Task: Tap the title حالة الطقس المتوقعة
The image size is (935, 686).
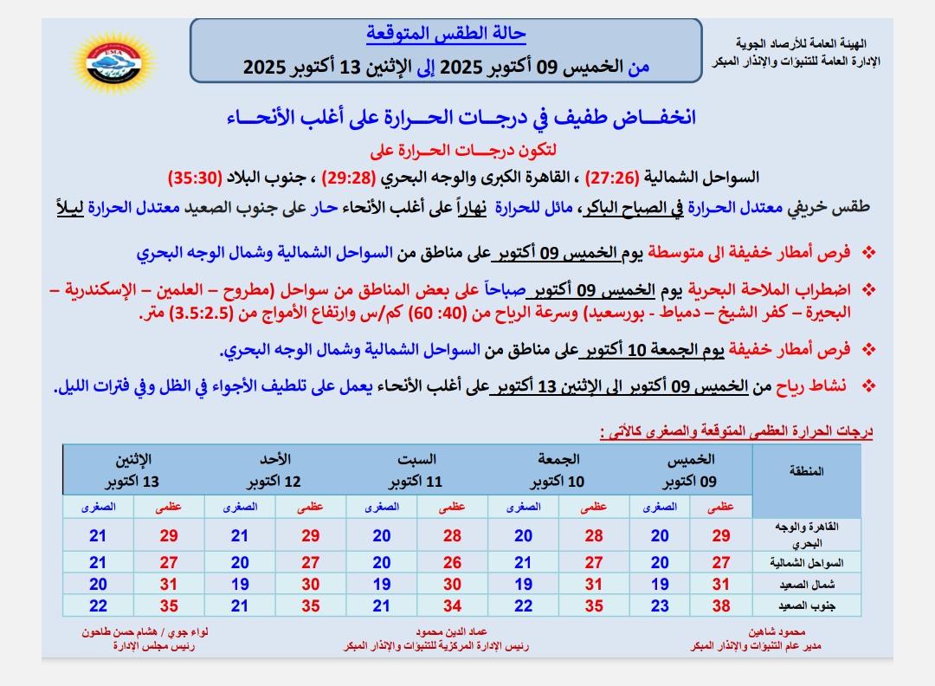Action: pyautogui.click(x=444, y=35)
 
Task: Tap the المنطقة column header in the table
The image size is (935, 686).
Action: pyautogui.click(x=807, y=471)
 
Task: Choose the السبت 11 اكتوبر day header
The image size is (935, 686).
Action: pyautogui.click(x=416, y=469)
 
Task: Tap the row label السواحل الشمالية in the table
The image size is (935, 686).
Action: pyautogui.click(x=805, y=563)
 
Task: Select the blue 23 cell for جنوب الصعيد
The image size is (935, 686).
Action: pyautogui.click(x=660, y=606)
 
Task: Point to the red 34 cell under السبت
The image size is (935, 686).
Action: pyautogui.click(x=452, y=606)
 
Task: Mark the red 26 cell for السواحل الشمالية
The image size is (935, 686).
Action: pyautogui.click(x=452, y=563)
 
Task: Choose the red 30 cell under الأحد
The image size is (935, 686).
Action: pyautogui.click(x=311, y=585)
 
